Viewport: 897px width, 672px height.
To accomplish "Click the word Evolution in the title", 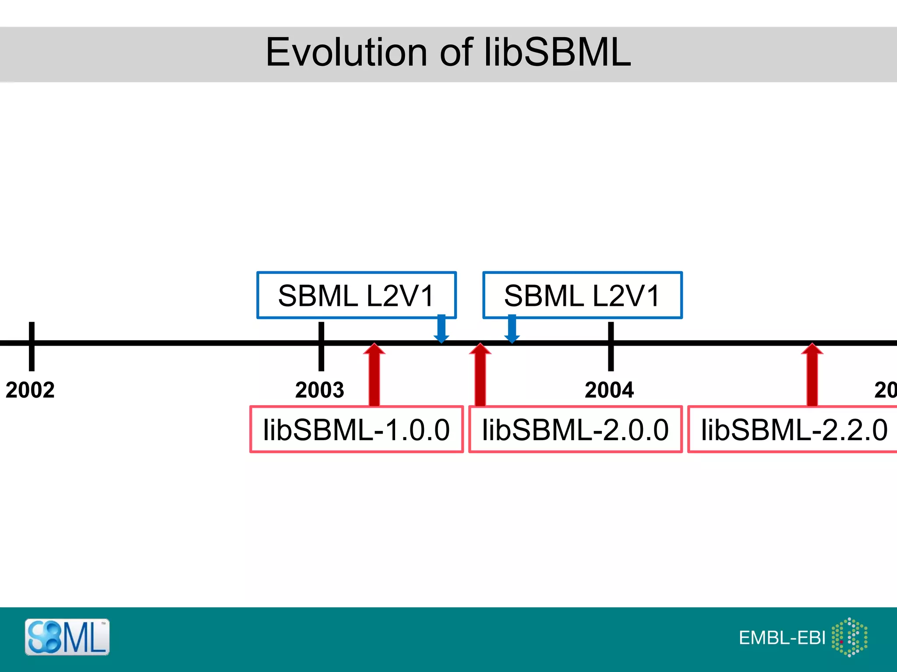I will coord(346,52).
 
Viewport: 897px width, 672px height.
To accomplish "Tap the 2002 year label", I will coord(30,390).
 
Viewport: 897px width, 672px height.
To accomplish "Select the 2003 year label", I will coord(320,390).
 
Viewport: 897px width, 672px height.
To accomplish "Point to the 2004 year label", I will coord(609,390).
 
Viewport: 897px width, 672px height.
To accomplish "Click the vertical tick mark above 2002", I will coord(32,346).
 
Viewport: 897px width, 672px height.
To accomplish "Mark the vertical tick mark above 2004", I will coord(611,346).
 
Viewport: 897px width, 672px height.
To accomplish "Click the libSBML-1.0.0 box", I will coord(357,430).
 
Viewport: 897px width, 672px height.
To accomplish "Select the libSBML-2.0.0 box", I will coord(576,430).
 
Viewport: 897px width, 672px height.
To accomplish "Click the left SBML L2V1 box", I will coord(357,295).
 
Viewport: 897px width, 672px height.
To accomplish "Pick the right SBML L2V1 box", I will coord(583,295).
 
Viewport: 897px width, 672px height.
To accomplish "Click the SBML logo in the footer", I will coord(67,637).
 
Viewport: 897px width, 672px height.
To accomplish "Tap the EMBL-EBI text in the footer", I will coord(782,638).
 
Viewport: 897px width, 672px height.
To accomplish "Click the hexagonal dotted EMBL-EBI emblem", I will coord(850,637).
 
